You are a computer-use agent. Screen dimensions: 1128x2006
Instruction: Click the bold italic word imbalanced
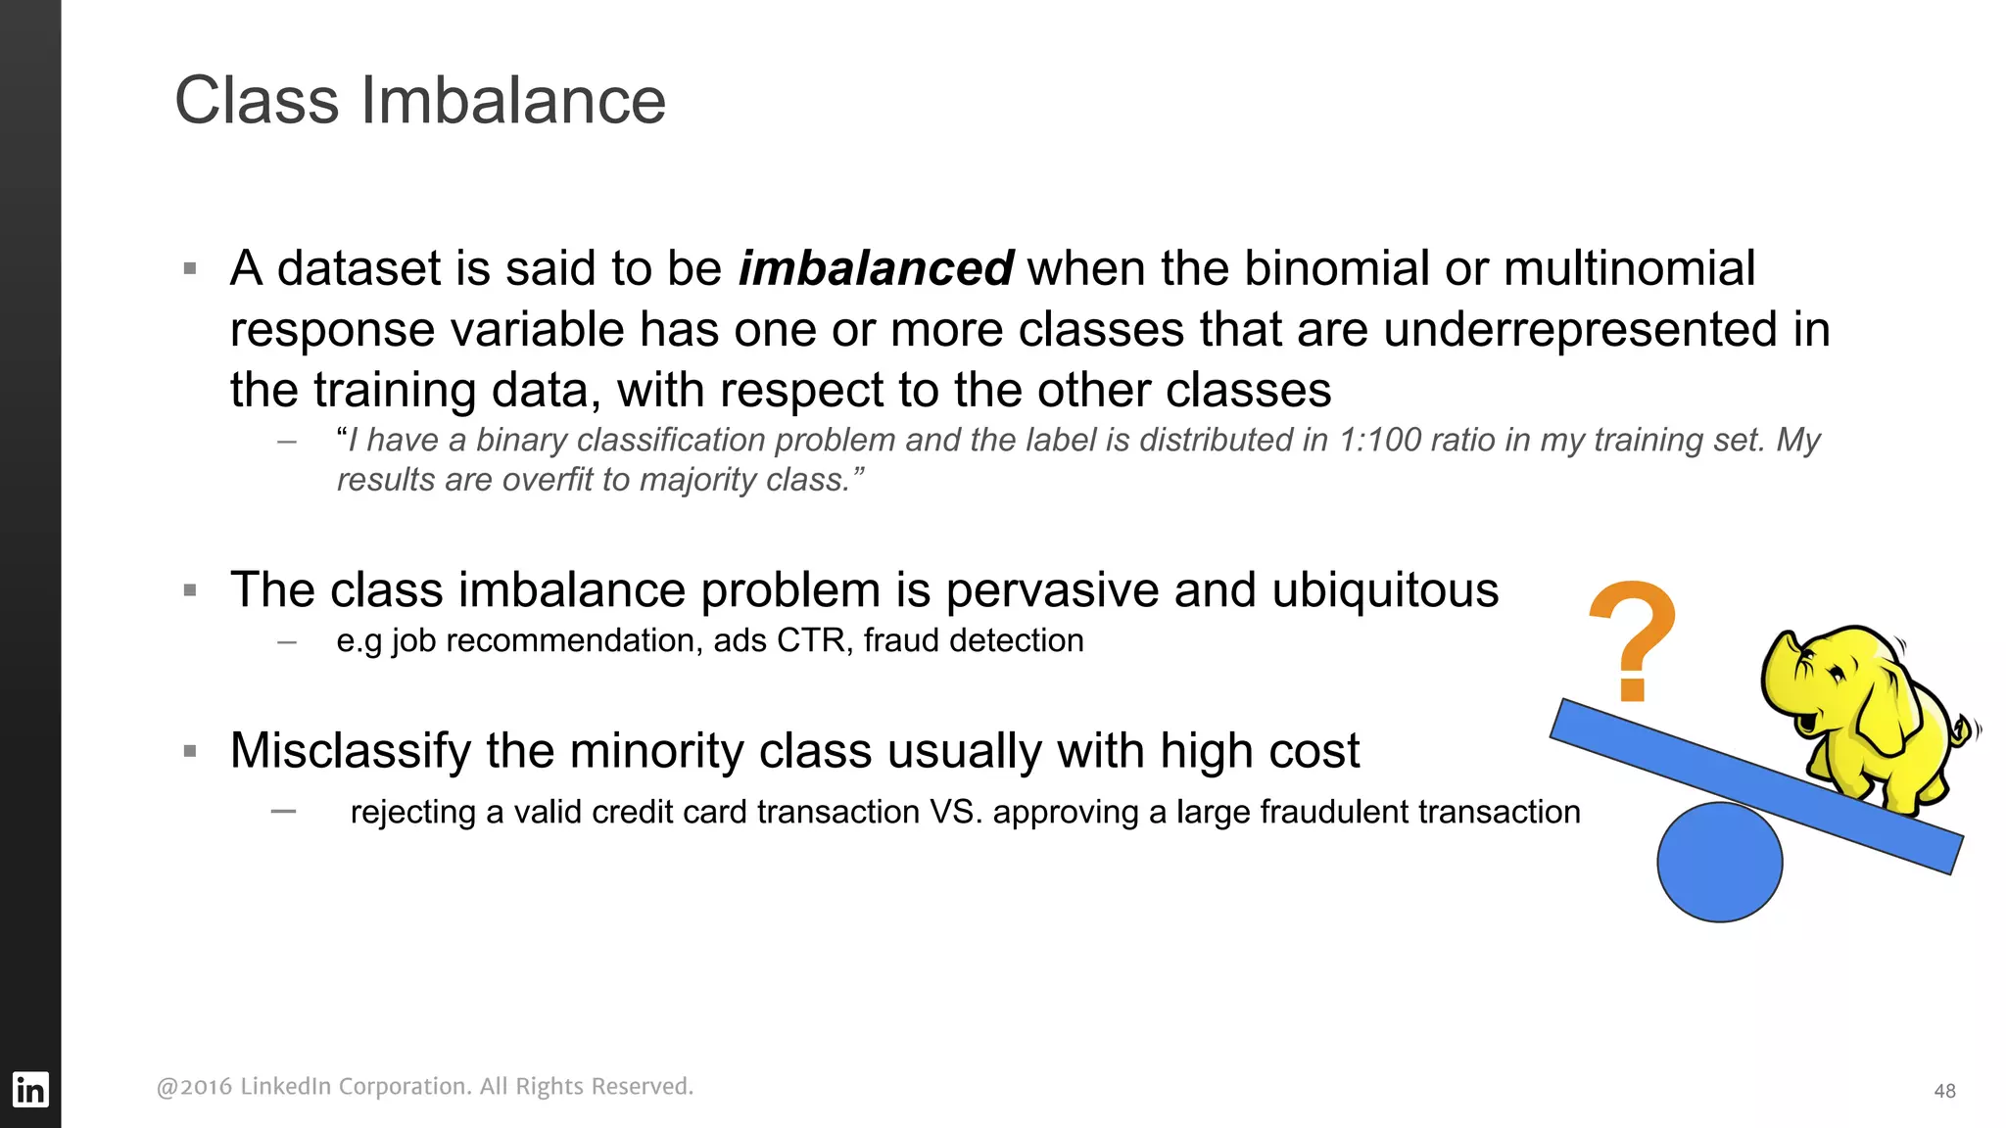(x=875, y=268)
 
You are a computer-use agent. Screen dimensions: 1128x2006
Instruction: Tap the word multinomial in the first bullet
(x=1629, y=268)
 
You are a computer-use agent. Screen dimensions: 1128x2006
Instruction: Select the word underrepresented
(x=1579, y=329)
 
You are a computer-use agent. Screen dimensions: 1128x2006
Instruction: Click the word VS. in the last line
(x=955, y=812)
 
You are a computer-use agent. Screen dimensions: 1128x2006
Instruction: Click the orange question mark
(x=1633, y=639)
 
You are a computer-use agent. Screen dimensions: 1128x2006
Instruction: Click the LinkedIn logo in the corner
(x=29, y=1089)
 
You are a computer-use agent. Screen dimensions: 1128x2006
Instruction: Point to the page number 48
(x=1944, y=1091)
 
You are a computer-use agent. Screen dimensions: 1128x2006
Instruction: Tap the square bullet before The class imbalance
(x=190, y=590)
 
